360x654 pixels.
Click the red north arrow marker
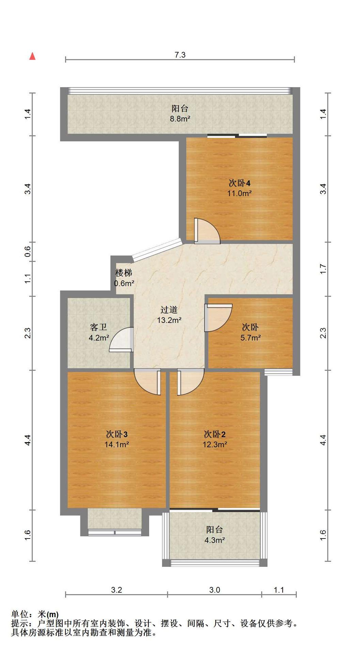click(32, 56)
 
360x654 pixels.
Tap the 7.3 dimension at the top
click(180, 55)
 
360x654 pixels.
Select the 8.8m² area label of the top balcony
click(180, 119)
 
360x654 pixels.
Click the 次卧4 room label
click(239, 183)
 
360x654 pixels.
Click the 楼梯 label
click(124, 273)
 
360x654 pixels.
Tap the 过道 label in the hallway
click(169, 310)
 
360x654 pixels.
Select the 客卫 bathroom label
click(98, 327)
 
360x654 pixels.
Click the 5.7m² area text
click(251, 338)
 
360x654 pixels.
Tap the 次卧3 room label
click(117, 434)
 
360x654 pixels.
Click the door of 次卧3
click(147, 382)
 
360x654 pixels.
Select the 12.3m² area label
click(215, 445)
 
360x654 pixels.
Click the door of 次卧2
click(190, 382)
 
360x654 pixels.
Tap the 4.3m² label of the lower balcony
click(215, 540)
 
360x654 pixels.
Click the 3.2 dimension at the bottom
click(116, 590)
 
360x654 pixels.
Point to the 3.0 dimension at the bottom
click(215, 590)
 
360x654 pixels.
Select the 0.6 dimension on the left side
click(28, 252)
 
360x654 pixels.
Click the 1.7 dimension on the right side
click(323, 269)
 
